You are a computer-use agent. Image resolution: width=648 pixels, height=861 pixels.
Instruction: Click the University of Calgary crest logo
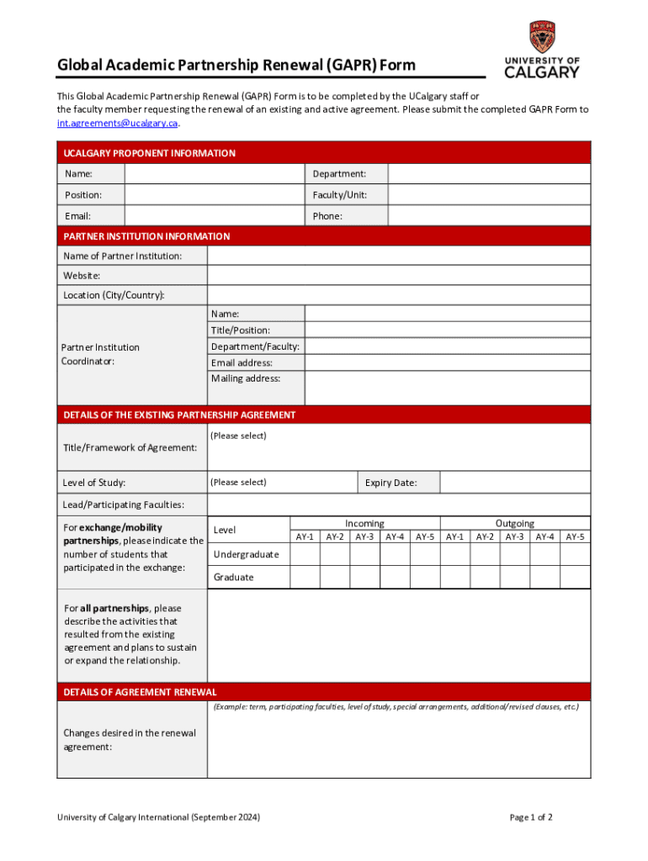[x=542, y=37]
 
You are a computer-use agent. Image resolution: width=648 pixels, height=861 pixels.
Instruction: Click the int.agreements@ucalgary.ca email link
[x=118, y=123]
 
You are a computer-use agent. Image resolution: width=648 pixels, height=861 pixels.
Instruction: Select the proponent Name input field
[x=214, y=174]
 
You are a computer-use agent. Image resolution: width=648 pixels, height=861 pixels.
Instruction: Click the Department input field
[x=489, y=174]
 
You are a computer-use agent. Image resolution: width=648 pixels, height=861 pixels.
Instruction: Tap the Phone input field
[x=489, y=216]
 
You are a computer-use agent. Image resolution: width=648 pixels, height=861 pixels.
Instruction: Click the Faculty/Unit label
[x=339, y=195]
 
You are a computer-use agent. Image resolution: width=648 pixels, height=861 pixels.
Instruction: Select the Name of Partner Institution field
[x=399, y=256]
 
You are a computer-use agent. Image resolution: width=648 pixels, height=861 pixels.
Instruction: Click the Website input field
[x=399, y=276]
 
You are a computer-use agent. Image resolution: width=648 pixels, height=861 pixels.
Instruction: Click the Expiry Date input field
[x=515, y=483]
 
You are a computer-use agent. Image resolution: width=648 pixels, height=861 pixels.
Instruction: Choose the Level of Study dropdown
[x=282, y=483]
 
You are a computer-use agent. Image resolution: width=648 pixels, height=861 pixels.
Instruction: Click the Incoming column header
[x=364, y=523]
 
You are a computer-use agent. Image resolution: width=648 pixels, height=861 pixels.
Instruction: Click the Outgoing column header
[x=514, y=523]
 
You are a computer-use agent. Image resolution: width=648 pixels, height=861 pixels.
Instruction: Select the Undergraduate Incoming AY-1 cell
[x=305, y=554]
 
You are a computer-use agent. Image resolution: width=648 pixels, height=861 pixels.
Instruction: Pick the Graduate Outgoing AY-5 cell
[x=576, y=577]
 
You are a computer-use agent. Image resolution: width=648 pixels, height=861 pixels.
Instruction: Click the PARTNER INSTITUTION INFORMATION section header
[x=146, y=236]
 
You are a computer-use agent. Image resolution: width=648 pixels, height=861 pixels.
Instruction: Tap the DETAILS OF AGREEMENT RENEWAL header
[x=140, y=692]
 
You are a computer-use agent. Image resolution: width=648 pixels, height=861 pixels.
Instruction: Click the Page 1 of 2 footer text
[x=531, y=817]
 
